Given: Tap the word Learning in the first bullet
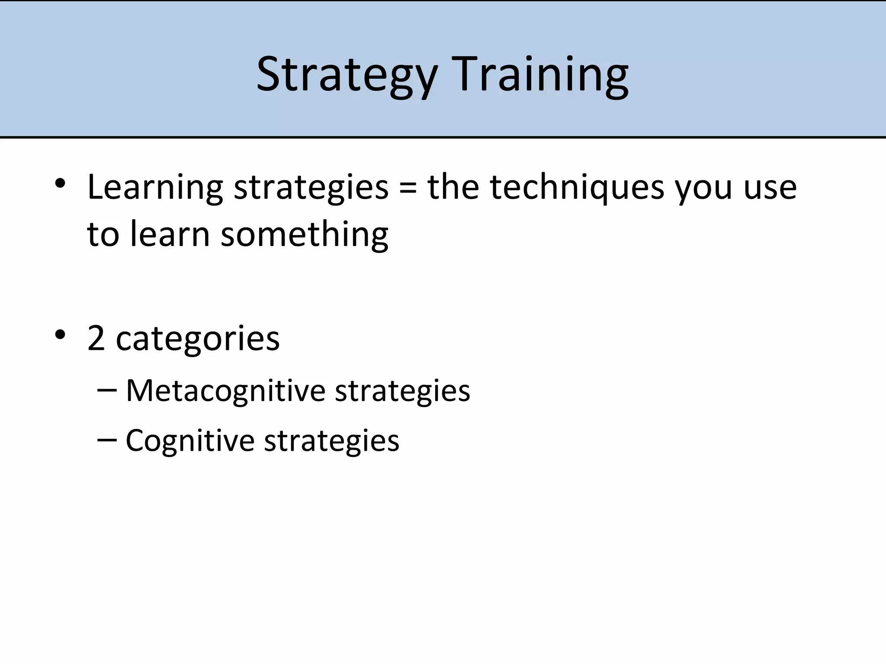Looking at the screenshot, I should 155,188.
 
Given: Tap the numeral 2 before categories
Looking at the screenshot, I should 96,338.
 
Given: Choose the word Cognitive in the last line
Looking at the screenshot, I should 190,441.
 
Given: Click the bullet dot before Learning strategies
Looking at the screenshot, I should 60,184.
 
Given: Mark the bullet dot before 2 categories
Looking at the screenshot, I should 60,335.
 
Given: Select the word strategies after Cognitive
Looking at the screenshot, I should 331,441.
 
